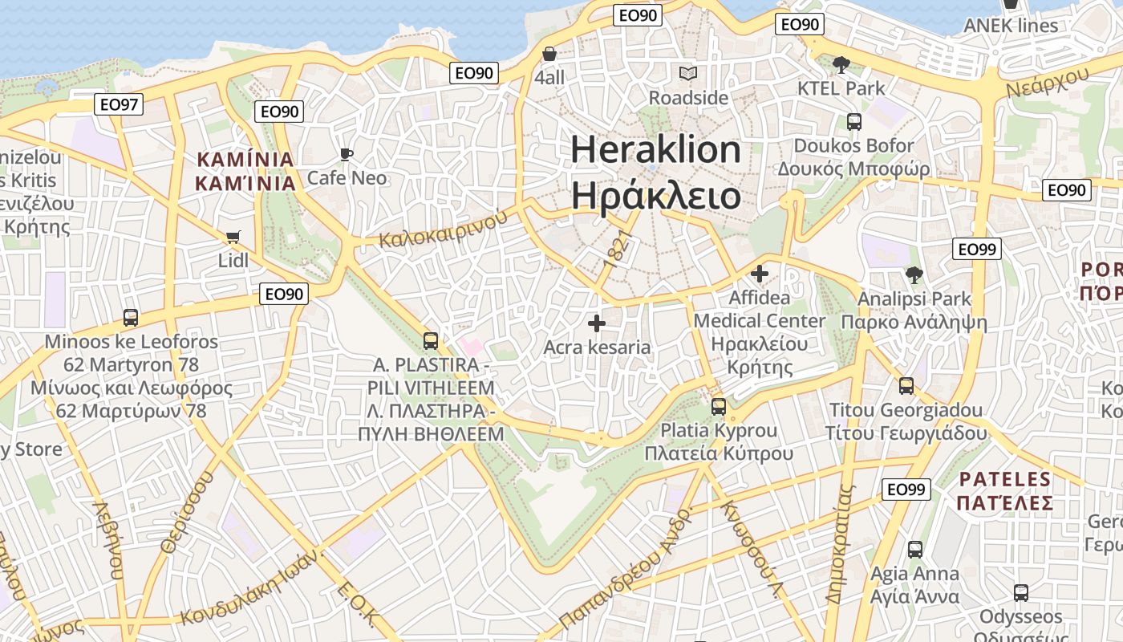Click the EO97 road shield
(x=119, y=104)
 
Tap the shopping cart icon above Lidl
(x=233, y=237)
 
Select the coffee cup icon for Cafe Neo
(x=347, y=154)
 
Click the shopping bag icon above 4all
(x=549, y=54)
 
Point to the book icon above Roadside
(x=687, y=74)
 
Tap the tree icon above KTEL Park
(x=841, y=64)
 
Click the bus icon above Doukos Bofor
(x=853, y=122)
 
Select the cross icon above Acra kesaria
(x=596, y=323)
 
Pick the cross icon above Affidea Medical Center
(x=759, y=274)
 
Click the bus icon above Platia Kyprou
(x=718, y=406)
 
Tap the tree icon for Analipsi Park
(x=913, y=275)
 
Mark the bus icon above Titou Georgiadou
(x=906, y=386)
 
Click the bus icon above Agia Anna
(x=914, y=550)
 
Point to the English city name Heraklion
(x=655, y=150)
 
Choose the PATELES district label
(x=1004, y=480)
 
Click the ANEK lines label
(x=1011, y=26)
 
